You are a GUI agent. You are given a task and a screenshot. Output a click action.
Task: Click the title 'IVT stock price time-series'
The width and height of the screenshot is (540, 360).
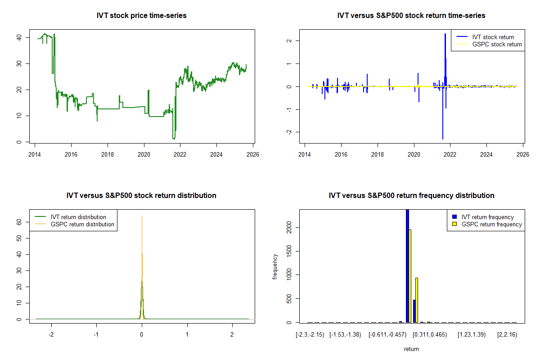[x=141, y=16]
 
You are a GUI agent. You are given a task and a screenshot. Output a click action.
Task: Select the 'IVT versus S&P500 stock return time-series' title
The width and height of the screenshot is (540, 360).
[x=411, y=16]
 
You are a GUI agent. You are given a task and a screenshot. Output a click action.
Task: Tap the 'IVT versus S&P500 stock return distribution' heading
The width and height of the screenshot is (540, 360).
[x=141, y=196]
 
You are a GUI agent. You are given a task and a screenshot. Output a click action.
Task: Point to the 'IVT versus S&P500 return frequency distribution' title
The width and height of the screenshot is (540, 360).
[x=411, y=196]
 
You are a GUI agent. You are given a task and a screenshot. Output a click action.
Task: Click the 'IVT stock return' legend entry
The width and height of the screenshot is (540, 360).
[x=493, y=37]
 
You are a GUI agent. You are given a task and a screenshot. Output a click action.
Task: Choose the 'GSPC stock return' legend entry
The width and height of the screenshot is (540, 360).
[x=497, y=44]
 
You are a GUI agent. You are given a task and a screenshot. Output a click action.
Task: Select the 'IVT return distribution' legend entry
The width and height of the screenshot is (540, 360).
[x=78, y=217]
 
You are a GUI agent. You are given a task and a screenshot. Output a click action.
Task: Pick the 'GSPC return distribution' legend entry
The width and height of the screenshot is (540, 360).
[x=82, y=224]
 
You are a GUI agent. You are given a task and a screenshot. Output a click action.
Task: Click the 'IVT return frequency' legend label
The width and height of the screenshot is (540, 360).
[x=487, y=217]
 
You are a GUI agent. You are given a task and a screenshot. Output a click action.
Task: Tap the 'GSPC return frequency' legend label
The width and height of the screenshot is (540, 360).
[x=491, y=224]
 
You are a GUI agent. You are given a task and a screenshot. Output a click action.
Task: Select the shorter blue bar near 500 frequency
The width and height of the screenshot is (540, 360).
[x=414, y=311]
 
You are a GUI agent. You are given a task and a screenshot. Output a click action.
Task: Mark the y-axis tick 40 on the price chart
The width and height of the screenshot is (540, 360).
[x=18, y=38]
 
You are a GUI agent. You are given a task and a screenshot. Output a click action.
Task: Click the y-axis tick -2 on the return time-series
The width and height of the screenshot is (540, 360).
[x=288, y=132]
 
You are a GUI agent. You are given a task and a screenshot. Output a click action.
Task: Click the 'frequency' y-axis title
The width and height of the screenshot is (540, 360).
[x=275, y=267]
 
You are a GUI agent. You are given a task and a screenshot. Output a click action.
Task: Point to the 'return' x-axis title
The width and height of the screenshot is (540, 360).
[x=411, y=349]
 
